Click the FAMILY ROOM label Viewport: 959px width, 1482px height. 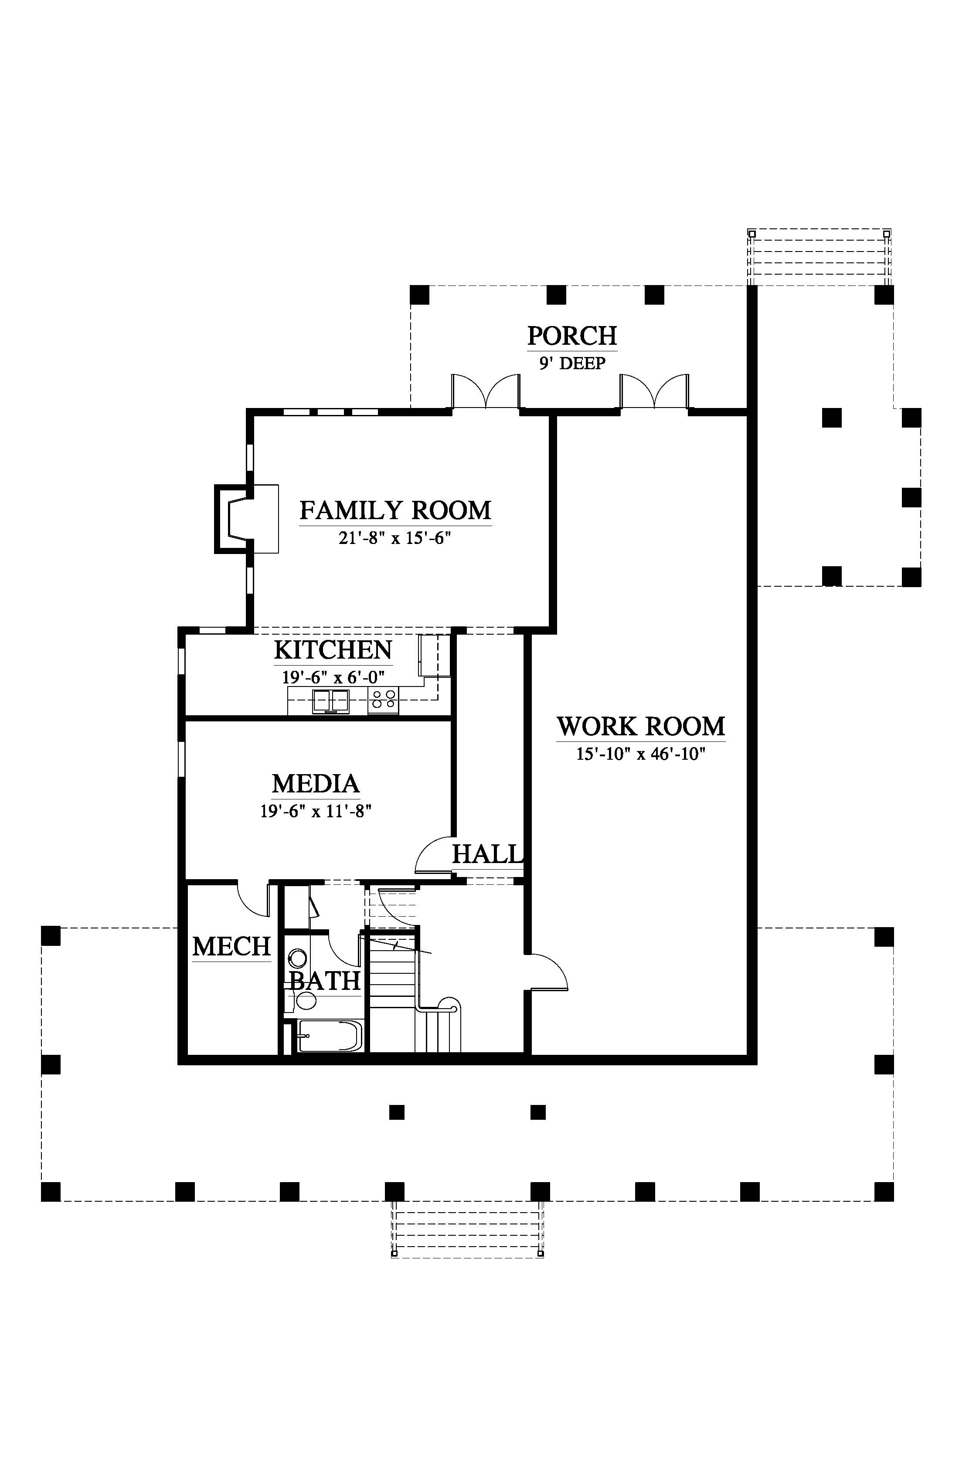(395, 510)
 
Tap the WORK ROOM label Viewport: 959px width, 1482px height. (641, 727)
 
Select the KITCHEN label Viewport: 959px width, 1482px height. (333, 650)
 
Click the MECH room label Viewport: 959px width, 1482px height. (231, 947)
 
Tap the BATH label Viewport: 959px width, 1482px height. (326, 981)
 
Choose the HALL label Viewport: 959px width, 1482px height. (487, 854)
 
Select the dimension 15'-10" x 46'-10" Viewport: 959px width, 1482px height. (641, 754)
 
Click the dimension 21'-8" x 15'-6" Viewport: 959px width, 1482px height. (395, 538)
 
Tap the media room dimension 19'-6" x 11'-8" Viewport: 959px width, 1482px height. (316, 811)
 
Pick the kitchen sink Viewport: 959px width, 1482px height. (331, 701)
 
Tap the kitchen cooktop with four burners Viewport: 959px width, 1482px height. (383, 700)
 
